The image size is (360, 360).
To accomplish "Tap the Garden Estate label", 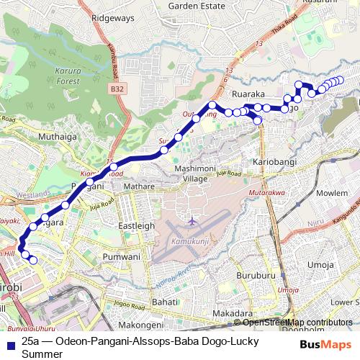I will point(193,5).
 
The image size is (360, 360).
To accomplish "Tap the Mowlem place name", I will point(332,194).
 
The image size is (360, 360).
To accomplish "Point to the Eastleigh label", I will point(136,225).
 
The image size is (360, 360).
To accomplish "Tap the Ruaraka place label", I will point(249,94).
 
